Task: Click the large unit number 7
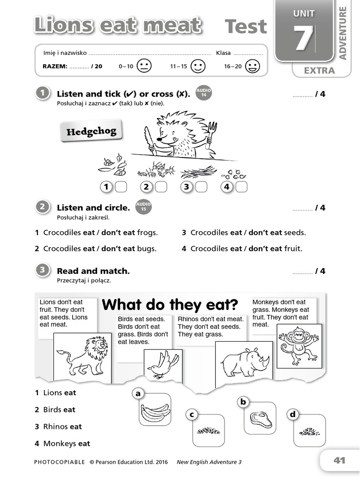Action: click(x=303, y=38)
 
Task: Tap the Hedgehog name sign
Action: click(x=91, y=132)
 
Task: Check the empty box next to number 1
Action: click(x=121, y=187)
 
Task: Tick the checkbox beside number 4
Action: click(x=241, y=187)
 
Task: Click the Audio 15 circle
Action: click(x=143, y=207)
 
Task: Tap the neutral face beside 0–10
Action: click(x=144, y=66)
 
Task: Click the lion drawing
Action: click(x=83, y=356)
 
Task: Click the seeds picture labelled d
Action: click(x=309, y=431)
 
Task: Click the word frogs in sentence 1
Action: click(x=147, y=232)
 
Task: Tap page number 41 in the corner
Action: click(x=339, y=460)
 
